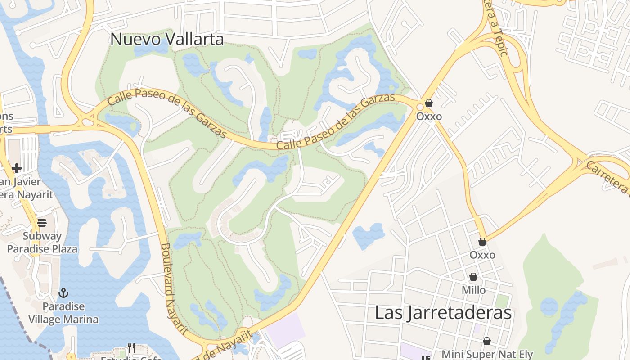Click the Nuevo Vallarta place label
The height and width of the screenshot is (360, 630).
[x=167, y=39]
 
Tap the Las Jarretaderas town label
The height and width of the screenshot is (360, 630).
[x=443, y=313]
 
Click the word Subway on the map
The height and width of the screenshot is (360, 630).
[x=42, y=236]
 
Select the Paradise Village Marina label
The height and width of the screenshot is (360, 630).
[x=63, y=313]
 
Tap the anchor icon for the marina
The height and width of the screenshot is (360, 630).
[x=63, y=293]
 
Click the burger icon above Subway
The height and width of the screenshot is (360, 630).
[x=42, y=222]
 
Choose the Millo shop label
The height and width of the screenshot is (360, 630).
[x=473, y=290]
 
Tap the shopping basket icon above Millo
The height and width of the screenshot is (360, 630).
[x=473, y=277]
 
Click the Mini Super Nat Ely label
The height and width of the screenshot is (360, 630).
[x=487, y=355]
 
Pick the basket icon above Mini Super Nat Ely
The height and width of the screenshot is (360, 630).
[x=487, y=341]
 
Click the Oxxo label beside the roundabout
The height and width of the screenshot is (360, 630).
[x=429, y=117]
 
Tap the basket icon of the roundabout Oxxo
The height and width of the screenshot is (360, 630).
[x=429, y=103]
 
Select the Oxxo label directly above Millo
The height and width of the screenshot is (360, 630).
[x=482, y=255]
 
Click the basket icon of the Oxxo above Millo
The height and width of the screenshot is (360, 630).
[x=482, y=242]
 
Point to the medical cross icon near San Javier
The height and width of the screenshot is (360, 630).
[x=17, y=169]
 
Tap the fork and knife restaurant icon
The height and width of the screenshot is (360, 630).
[x=131, y=347]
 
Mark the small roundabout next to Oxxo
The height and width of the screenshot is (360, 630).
[x=420, y=107]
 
